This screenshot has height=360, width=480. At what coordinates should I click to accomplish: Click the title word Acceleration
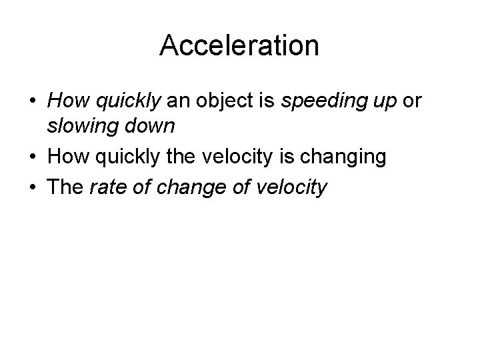(239, 45)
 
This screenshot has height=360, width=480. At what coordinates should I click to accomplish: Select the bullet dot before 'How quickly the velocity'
(33, 157)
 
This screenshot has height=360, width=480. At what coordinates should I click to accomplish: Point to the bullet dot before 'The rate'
(33, 187)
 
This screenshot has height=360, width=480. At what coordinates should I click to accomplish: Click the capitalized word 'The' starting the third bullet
(63, 187)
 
